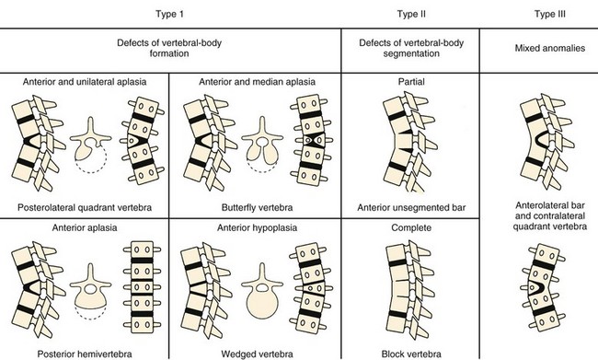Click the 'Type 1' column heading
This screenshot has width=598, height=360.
click(x=169, y=14)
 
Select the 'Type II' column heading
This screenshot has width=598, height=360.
click(x=411, y=14)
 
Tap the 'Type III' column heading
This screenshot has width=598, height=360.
click(x=550, y=14)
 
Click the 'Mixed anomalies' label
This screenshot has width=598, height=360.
click(x=550, y=48)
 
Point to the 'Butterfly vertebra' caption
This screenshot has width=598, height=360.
click(x=257, y=208)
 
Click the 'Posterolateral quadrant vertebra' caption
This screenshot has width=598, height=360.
click(x=85, y=208)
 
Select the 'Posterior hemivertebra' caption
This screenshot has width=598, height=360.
click(x=85, y=354)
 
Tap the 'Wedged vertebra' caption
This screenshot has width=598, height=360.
click(x=257, y=354)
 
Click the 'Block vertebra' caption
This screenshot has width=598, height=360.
click(x=411, y=354)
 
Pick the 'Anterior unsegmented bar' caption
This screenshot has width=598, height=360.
click(x=411, y=208)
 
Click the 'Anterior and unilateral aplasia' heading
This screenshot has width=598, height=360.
click(x=85, y=82)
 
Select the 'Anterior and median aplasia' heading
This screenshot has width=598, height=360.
click(x=257, y=82)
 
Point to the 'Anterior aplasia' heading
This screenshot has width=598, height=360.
click(x=85, y=228)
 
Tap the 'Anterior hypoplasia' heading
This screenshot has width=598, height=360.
click(x=257, y=228)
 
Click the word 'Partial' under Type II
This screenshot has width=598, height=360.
click(x=411, y=82)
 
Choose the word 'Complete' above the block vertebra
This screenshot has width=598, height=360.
click(x=411, y=228)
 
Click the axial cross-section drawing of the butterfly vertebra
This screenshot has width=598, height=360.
click(x=262, y=145)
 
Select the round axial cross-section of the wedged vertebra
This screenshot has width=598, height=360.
click(x=262, y=291)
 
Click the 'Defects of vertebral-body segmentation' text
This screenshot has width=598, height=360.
click(x=411, y=48)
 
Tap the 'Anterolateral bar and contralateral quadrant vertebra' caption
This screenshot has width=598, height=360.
click(x=550, y=215)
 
